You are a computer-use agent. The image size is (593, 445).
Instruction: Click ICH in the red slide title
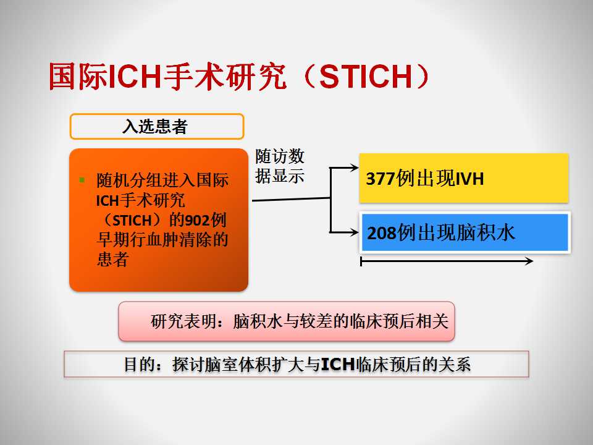pos(135,77)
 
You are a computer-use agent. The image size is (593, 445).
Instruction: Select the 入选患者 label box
pos(156,126)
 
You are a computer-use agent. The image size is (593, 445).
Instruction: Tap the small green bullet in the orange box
pos(82,180)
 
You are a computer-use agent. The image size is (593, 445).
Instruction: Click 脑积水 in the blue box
pos(486,232)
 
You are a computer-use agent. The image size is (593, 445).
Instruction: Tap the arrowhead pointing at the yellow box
pos(355,167)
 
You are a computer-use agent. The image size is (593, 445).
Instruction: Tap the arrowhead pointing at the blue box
pos(355,232)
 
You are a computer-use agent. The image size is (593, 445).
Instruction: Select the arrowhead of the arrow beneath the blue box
pos(529,261)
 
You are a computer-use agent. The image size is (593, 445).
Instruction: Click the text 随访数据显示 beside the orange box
pos(279,166)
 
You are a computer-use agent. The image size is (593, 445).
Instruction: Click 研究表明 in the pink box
pos(184,321)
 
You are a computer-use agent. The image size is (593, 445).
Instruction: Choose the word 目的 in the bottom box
pos(140,365)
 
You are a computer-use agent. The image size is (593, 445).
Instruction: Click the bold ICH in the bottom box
pos(338,365)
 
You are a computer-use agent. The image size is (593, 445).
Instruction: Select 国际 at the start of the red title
pos(78,77)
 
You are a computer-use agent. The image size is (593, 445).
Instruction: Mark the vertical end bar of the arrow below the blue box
pos(361,261)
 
